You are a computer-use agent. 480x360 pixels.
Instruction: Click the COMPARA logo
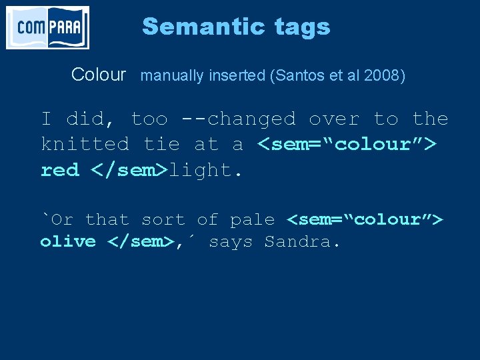pyautogui.click(x=47, y=27)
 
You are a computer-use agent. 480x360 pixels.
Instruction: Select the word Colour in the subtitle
pyautogui.click(x=98, y=75)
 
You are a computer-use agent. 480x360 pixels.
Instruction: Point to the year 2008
pyautogui.click(x=383, y=75)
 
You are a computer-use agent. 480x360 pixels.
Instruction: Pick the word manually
pyautogui.click(x=171, y=75)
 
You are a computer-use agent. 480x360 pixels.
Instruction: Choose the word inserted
pyautogui.click(x=236, y=75)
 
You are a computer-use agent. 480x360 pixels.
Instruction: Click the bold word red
pyautogui.click(x=59, y=170)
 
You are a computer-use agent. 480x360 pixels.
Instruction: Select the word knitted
pyautogui.click(x=85, y=144)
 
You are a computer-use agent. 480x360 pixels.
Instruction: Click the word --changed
pyautogui.click(x=238, y=119)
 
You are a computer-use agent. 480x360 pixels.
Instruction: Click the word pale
pyautogui.click(x=252, y=219)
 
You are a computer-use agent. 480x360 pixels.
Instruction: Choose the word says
pyautogui.click(x=231, y=241)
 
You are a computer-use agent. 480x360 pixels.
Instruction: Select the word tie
pyautogui.click(x=161, y=144)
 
